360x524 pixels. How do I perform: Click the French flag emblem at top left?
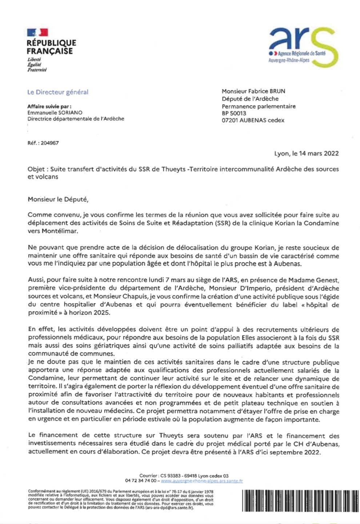37,32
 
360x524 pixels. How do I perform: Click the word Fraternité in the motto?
37,70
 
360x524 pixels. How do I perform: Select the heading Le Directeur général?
58,92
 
